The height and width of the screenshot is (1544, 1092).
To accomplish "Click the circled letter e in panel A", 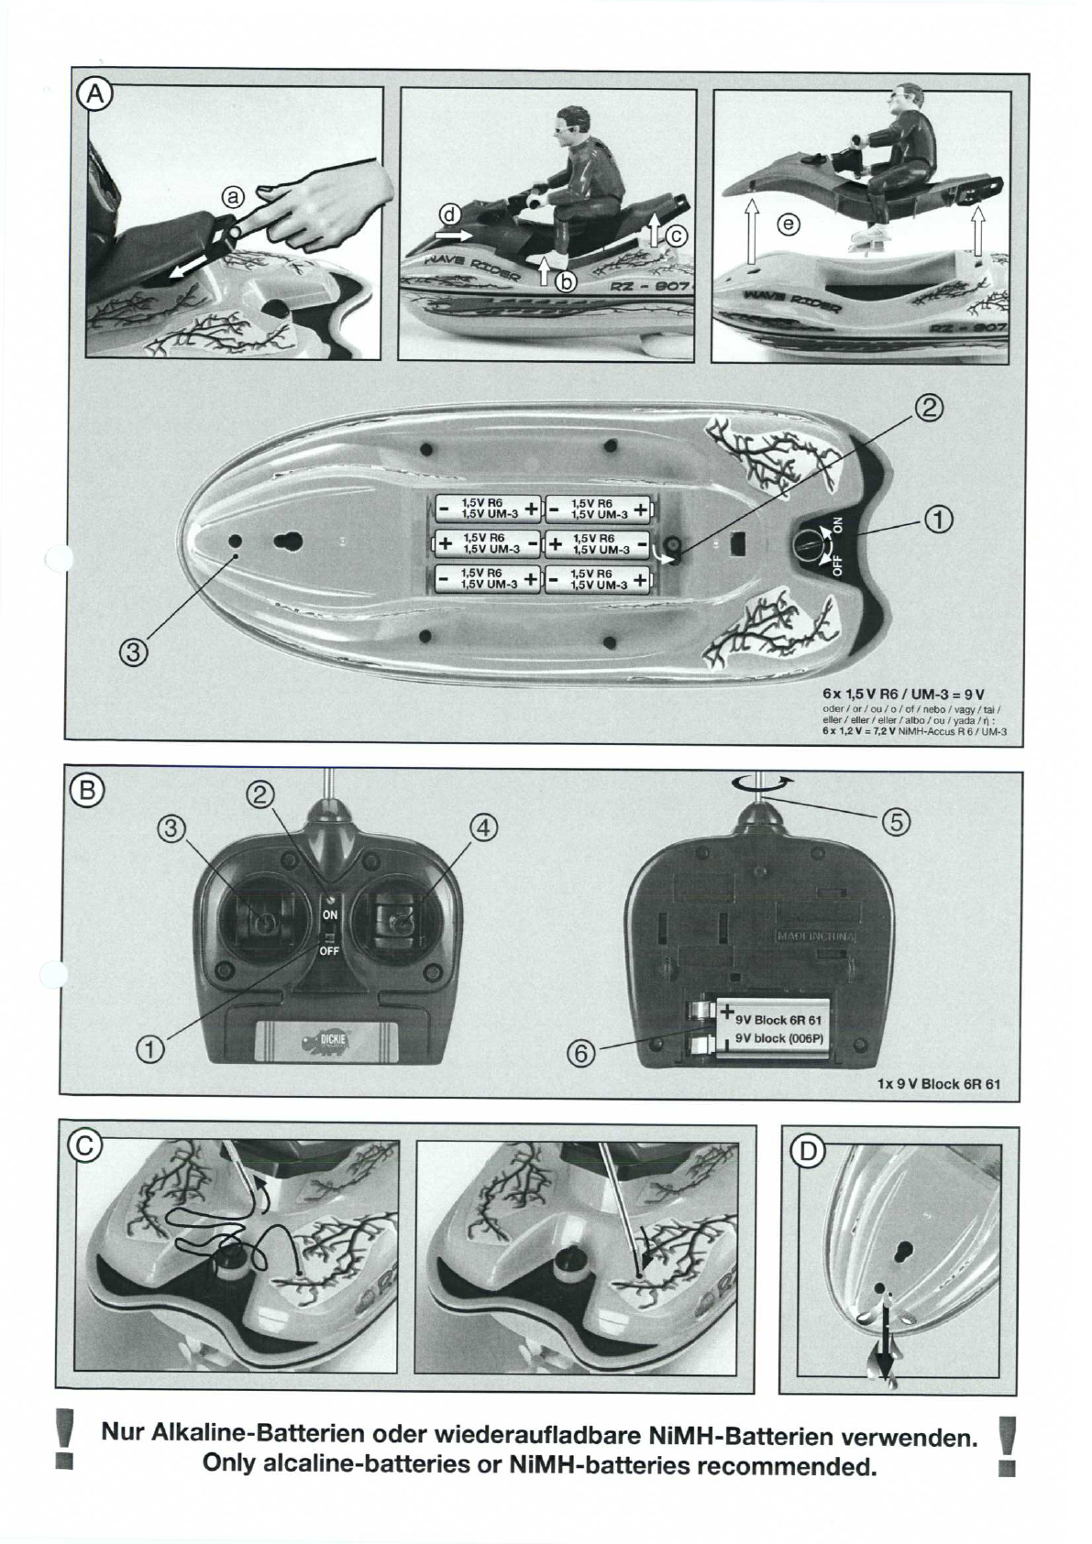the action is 787,223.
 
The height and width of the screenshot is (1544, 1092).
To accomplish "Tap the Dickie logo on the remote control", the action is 327,1042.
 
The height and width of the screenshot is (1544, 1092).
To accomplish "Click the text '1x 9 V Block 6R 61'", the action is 939,1083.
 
